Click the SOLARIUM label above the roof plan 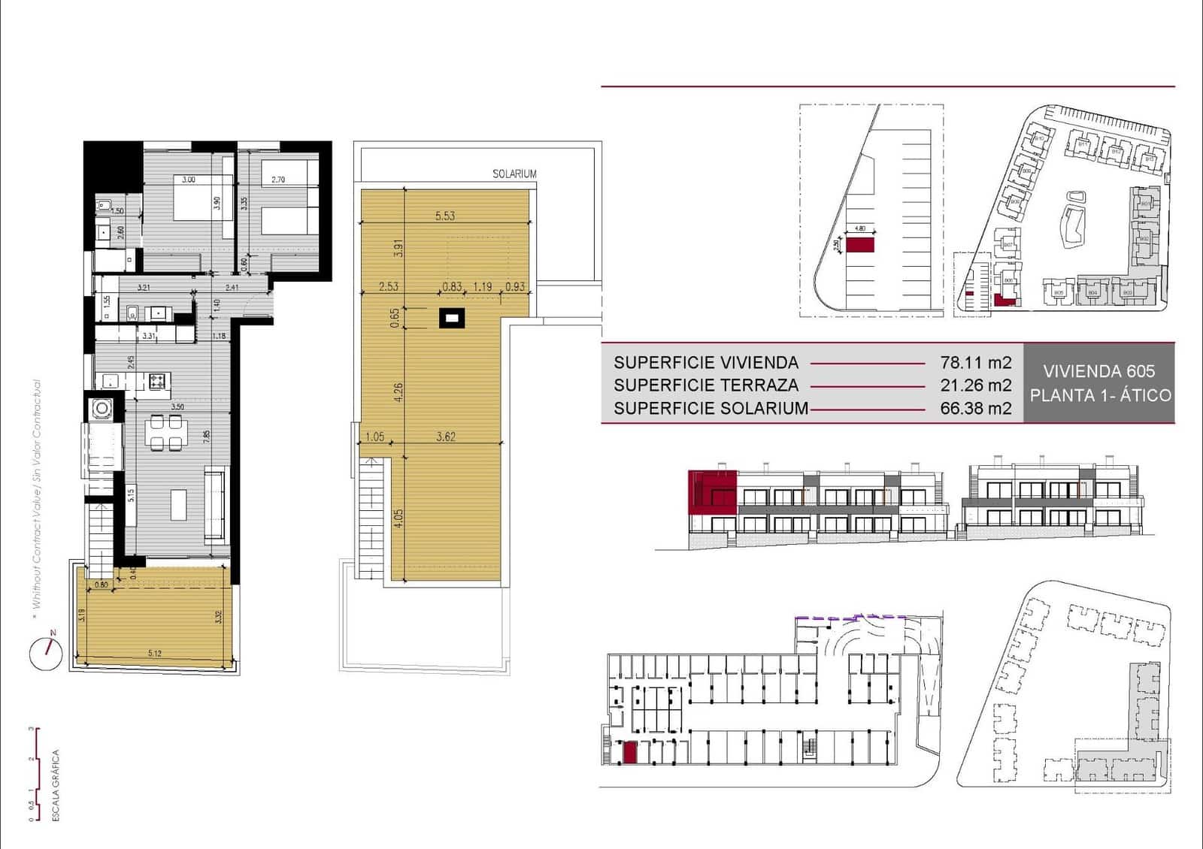[x=514, y=174]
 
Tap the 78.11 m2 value [x=975, y=362]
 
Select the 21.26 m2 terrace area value [x=975, y=385]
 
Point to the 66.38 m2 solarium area [x=975, y=409]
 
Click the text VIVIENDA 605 [x=1098, y=371]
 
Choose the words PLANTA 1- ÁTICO [x=1100, y=395]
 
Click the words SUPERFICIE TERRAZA [x=706, y=385]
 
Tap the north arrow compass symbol [x=46, y=653]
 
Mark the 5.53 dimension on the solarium [x=445, y=216]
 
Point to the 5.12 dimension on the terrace [x=155, y=653]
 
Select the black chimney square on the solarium [x=451, y=319]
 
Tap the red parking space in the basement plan [x=630, y=752]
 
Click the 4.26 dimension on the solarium [x=398, y=391]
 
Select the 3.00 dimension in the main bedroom [x=189, y=180]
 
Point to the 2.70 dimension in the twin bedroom [x=278, y=180]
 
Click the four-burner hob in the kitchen [x=158, y=382]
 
